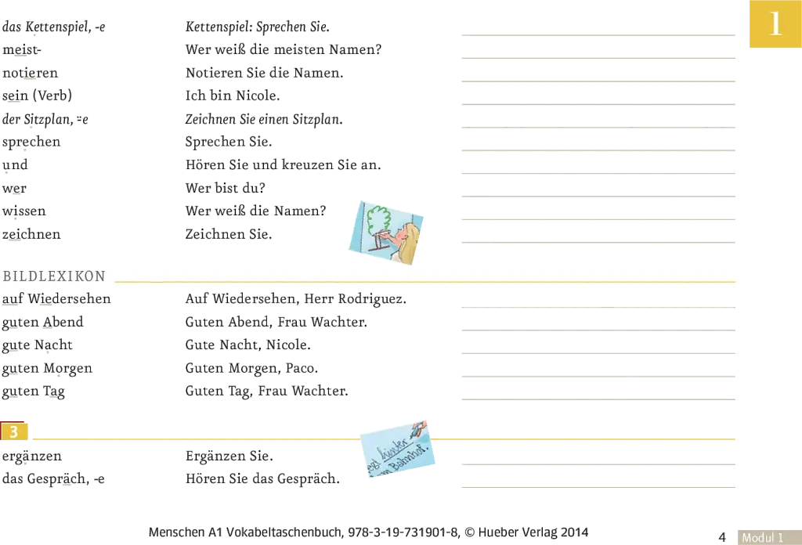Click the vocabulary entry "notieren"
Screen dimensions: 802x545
point(31,73)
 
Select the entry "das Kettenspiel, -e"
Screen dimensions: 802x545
point(54,27)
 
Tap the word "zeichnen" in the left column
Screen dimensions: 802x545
point(31,234)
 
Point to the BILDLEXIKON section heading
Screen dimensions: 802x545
point(54,276)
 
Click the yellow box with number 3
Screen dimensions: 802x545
point(14,431)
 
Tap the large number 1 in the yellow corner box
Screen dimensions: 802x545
point(775,23)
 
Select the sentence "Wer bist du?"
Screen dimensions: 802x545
point(225,188)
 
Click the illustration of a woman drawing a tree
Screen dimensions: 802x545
point(386,233)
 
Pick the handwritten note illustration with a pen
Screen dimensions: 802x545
point(398,449)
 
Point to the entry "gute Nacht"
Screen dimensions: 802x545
point(38,345)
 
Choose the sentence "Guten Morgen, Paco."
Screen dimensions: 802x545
point(251,369)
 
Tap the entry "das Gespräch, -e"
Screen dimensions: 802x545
point(53,479)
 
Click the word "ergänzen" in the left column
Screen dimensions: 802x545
point(31,456)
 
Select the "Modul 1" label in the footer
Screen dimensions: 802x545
point(763,537)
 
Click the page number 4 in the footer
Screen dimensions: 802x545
point(722,537)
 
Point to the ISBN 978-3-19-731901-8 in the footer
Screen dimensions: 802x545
point(403,532)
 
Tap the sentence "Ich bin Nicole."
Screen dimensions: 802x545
point(232,96)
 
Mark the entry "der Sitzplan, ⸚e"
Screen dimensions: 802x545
point(45,120)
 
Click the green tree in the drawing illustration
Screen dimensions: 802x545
point(379,219)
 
